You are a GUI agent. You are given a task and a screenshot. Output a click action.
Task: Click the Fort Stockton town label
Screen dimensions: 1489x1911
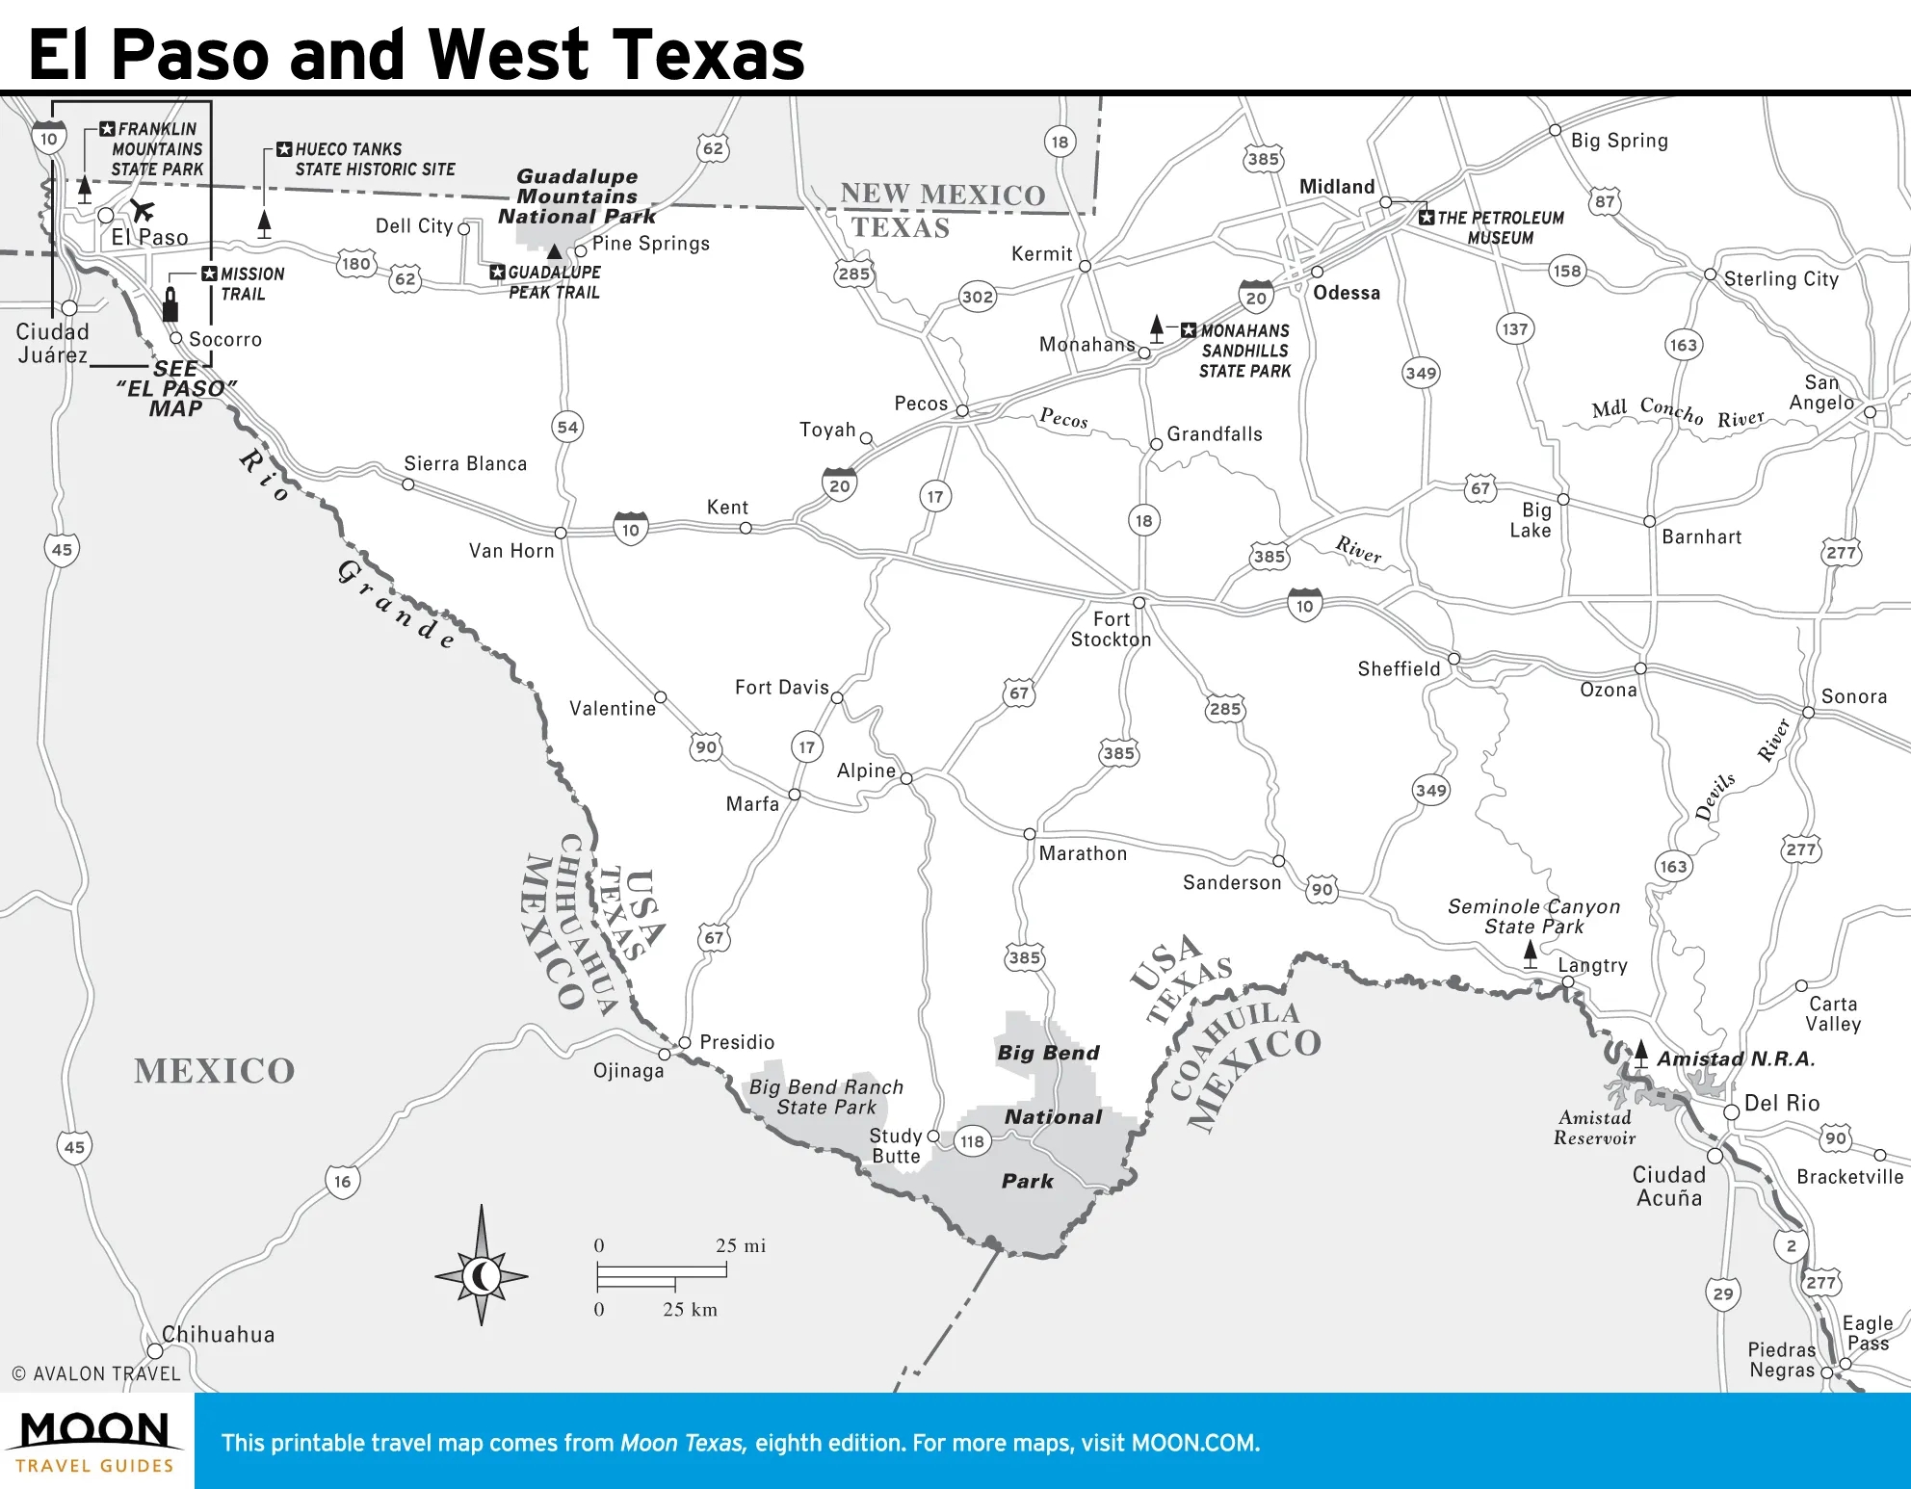click(x=1111, y=630)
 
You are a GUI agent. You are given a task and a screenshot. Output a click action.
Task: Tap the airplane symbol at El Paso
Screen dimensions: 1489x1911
click(x=143, y=210)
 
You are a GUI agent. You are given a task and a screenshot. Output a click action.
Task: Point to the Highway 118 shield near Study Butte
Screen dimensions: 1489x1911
click(x=972, y=1141)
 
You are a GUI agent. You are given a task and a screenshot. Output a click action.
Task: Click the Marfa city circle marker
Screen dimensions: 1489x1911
click(x=795, y=795)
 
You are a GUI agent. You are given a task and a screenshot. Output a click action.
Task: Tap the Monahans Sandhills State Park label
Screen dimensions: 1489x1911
click(x=1243, y=351)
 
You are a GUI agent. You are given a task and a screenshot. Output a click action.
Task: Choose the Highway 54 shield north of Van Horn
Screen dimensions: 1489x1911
click(x=567, y=428)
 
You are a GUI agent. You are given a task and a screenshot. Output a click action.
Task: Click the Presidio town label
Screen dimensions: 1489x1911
click(x=737, y=1042)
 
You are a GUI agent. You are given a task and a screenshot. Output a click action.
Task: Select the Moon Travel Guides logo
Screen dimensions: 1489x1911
click(x=95, y=1441)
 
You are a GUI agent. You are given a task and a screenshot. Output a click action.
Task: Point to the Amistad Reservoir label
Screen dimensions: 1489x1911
click(x=1594, y=1128)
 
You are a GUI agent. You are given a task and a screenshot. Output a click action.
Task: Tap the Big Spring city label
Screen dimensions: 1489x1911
click(x=1619, y=141)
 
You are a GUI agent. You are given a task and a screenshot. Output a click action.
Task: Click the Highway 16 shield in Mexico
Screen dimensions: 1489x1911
click(x=343, y=1182)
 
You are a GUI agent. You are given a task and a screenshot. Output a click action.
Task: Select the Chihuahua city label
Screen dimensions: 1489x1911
click(x=218, y=1335)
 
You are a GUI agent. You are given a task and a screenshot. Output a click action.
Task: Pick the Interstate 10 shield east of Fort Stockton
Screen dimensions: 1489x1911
click(x=1304, y=606)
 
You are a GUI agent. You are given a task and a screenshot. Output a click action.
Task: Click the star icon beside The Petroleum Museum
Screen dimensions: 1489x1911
click(x=1427, y=218)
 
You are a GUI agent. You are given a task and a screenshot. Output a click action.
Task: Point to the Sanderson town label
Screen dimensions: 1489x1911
click(x=1232, y=882)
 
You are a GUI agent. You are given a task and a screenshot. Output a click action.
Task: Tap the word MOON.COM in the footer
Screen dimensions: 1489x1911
click(x=1193, y=1443)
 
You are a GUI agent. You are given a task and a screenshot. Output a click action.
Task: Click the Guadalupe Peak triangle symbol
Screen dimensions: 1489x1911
click(x=555, y=251)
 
